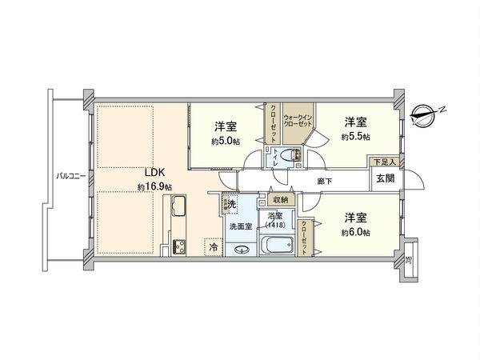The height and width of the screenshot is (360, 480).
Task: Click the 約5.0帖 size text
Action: pyautogui.click(x=224, y=142)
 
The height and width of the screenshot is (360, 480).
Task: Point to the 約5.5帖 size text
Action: pyautogui.click(x=354, y=137)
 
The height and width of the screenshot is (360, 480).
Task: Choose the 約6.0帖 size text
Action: pyautogui.click(x=355, y=231)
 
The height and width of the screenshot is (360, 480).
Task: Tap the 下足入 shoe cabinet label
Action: pyautogui.click(x=385, y=162)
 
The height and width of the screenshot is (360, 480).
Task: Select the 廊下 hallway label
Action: pyautogui.click(x=323, y=181)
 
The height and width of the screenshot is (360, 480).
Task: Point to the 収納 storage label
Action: pyautogui.click(x=278, y=200)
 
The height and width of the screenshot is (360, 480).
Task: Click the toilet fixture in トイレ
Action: pyautogui.click(x=294, y=157)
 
